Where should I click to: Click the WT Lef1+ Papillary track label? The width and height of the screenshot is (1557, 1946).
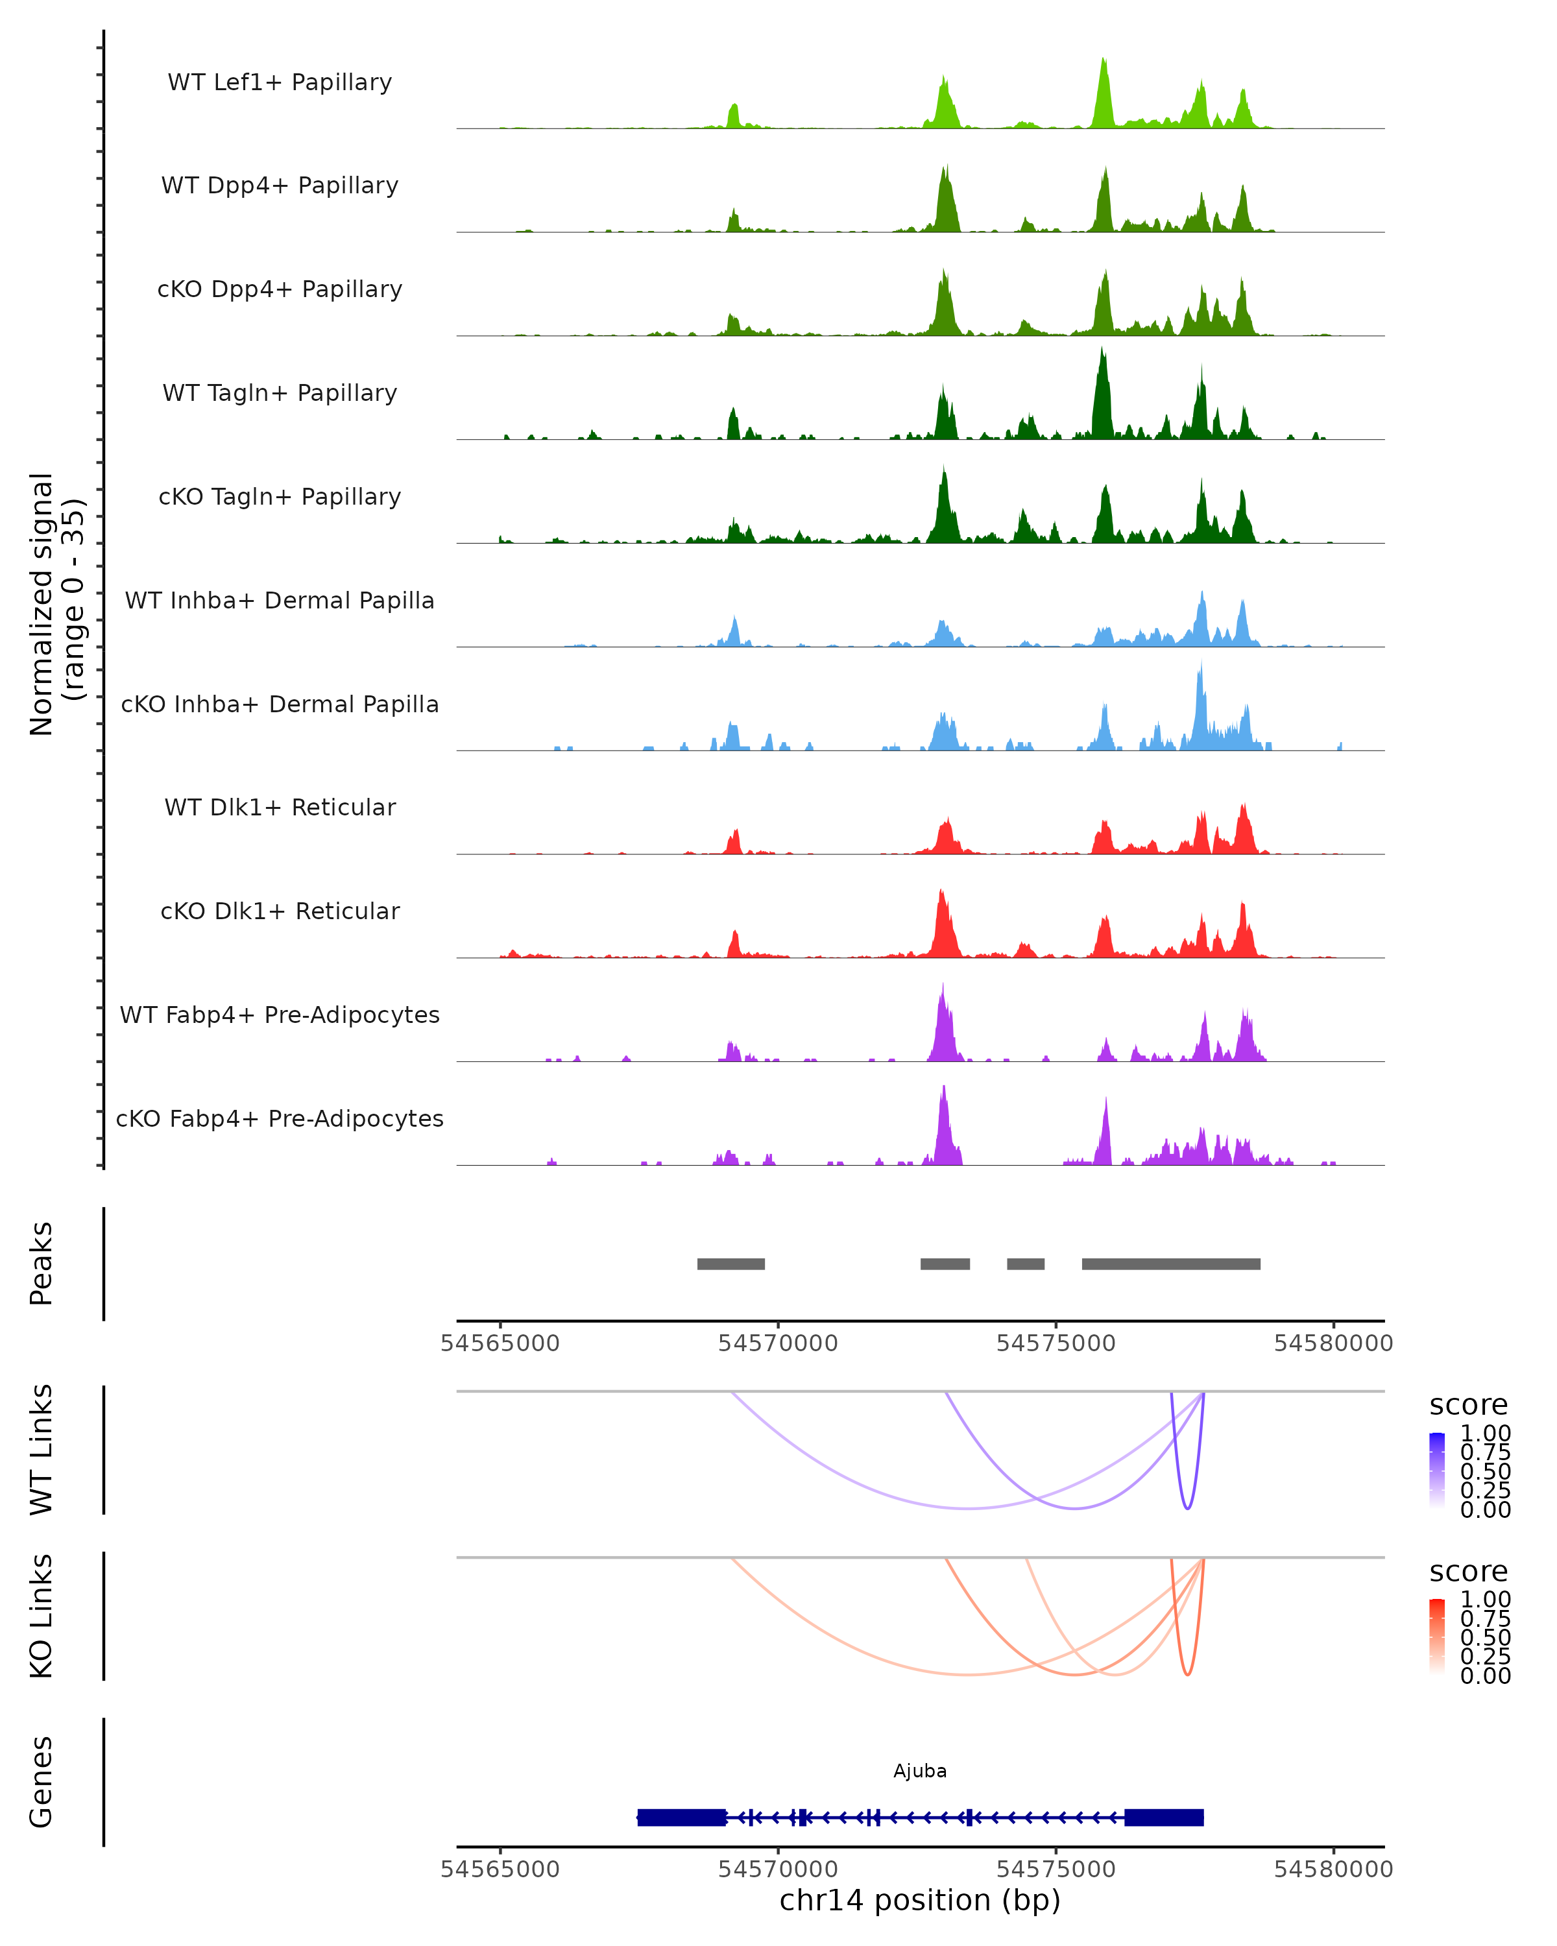click(x=280, y=82)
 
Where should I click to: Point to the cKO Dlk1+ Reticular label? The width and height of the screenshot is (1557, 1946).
click(x=280, y=911)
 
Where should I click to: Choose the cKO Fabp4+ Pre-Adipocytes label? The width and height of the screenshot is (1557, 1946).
click(x=280, y=1118)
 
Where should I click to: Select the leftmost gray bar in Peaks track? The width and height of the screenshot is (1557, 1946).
click(x=731, y=1264)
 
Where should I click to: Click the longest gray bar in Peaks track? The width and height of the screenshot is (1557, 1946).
click(x=1171, y=1264)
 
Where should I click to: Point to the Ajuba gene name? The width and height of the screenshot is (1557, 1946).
click(x=920, y=1771)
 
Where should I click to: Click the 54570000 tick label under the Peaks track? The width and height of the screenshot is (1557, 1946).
click(x=778, y=1343)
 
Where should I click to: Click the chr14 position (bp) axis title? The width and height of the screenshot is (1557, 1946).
click(x=920, y=1900)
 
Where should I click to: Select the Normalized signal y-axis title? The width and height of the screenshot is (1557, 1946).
click(x=56, y=605)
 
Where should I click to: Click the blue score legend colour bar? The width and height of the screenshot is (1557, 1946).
click(x=1437, y=1471)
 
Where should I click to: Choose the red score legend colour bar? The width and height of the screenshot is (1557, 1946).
click(x=1437, y=1637)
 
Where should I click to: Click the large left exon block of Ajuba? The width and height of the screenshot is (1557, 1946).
click(x=681, y=1818)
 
